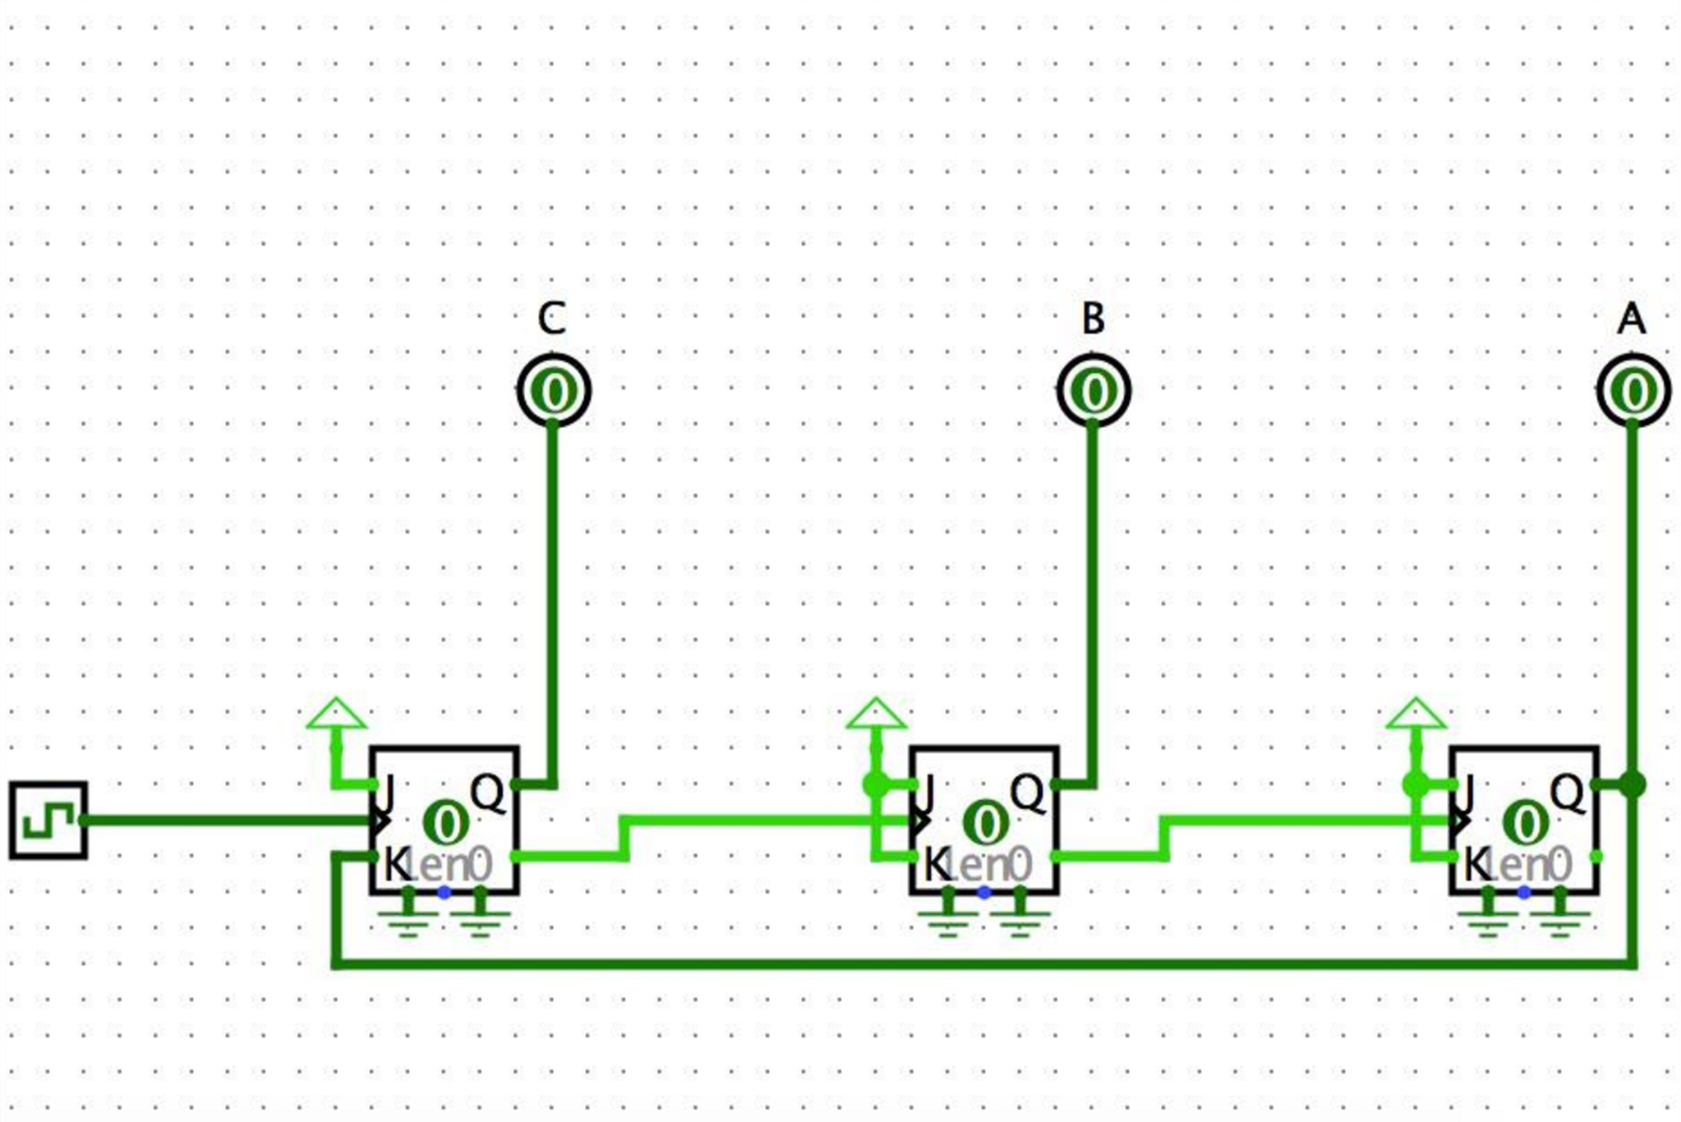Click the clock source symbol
click(48, 820)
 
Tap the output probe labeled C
click(554, 391)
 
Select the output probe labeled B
click(1094, 391)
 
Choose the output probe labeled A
click(1633, 391)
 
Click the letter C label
click(552, 319)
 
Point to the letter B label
click(1093, 319)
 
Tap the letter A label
click(1632, 319)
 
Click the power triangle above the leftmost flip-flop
click(336, 715)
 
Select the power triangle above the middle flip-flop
click(876, 715)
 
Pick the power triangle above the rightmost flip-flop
click(1416, 715)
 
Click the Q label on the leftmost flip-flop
click(487, 793)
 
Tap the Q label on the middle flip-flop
click(1027, 793)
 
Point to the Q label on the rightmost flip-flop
click(1567, 793)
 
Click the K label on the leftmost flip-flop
click(396, 863)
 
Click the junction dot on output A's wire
click(1632, 784)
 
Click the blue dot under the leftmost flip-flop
click(444, 892)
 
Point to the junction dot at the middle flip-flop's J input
click(876, 784)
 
